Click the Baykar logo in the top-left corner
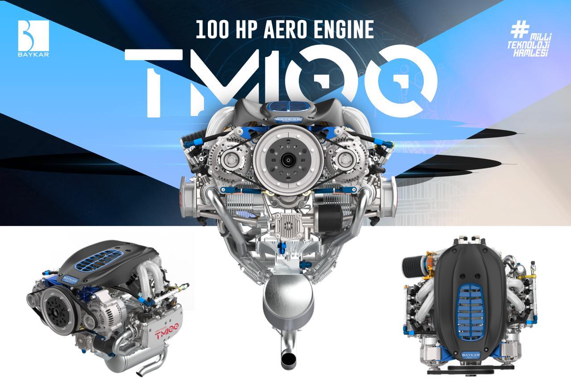coord(33,38)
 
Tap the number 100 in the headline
coord(212,29)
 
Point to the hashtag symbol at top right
coord(520,29)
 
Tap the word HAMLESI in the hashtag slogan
coord(530,53)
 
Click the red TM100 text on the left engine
coord(167,332)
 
